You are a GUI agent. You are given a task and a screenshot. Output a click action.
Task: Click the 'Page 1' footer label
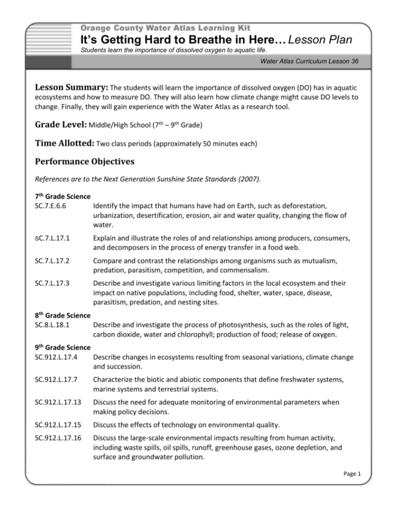(350, 474)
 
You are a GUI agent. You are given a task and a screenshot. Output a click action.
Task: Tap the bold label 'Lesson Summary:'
(71, 87)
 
